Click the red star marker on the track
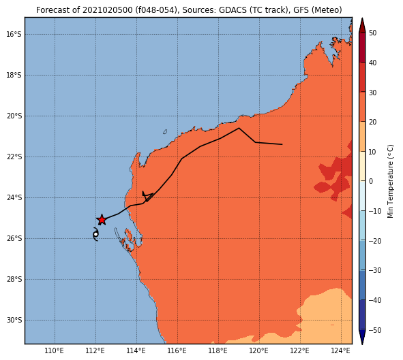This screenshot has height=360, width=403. coord(102,220)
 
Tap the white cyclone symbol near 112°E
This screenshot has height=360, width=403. coord(95,234)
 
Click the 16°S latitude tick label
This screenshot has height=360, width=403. coord(14,34)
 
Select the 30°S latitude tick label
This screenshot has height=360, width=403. coord(14,321)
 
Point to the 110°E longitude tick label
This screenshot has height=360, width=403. coord(55,350)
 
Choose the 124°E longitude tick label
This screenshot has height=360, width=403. coord(341,350)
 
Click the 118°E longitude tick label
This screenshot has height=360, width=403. coord(218,350)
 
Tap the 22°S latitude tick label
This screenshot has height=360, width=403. coord(14,157)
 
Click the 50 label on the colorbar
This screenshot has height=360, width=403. coord(372,33)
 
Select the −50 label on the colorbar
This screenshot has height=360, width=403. coord(375,330)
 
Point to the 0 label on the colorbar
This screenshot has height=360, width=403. coord(371,181)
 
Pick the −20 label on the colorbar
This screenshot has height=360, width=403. coord(375,241)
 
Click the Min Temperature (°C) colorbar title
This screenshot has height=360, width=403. coord(390,181)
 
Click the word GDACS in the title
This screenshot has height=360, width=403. coord(230,10)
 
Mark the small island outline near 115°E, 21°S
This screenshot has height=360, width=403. coord(165,132)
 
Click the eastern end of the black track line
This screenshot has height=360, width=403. coord(282,144)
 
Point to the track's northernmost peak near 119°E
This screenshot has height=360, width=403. coord(239,128)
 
